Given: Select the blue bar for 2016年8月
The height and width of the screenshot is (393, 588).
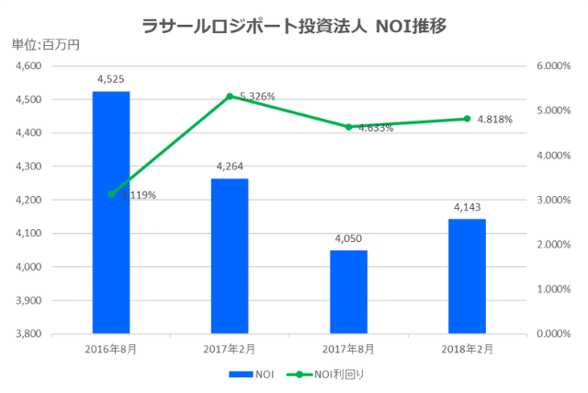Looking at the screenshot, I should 111,212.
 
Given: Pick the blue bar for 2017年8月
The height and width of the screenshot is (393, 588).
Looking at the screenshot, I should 348,291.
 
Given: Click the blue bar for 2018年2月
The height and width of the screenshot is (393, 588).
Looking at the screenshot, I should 467,275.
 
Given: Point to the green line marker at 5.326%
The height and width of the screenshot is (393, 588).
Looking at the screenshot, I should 230,97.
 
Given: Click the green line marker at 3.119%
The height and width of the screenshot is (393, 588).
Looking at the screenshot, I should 111,194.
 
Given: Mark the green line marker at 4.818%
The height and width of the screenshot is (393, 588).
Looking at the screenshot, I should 467,119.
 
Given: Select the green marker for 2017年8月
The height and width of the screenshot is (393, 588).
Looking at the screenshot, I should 348,127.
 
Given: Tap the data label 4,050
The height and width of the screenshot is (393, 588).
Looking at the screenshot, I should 348,238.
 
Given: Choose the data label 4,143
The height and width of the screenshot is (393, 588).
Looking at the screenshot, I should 467,207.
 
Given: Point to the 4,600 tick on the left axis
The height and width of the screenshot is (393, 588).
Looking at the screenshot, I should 29,66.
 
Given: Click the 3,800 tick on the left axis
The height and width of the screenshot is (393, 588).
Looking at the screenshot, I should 29,333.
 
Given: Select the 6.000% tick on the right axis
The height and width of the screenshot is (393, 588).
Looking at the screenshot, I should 553,66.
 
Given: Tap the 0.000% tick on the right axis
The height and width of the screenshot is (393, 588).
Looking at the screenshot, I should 553,333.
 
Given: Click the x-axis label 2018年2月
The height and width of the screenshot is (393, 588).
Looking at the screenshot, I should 467,350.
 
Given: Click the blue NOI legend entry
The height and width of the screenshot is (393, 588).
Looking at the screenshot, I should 250,375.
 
